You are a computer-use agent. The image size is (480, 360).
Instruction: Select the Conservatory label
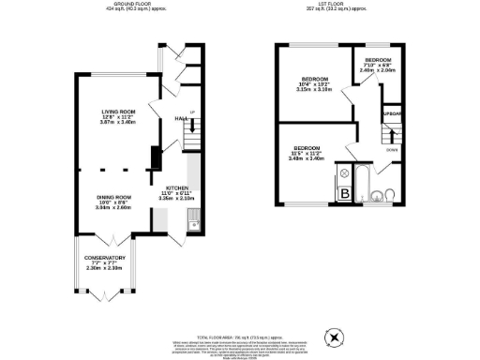[x=105, y=262]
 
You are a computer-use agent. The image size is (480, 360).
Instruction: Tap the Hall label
[x=181, y=119]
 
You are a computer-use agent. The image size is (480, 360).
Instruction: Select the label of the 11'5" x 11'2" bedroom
[x=309, y=154]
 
